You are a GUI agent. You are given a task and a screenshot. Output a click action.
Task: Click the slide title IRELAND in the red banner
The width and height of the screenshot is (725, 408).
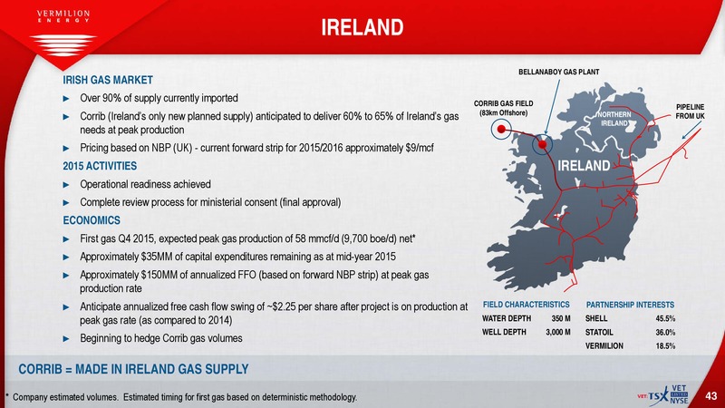click(362, 27)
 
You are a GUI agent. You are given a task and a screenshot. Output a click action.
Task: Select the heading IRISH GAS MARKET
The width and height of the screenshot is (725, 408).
click(108, 80)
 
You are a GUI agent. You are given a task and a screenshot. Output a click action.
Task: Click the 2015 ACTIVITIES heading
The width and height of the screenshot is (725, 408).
click(100, 166)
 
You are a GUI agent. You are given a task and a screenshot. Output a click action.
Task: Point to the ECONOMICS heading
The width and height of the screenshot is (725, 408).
click(92, 220)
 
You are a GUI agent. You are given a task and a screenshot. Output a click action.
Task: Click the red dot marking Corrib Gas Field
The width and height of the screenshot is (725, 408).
click(501, 129)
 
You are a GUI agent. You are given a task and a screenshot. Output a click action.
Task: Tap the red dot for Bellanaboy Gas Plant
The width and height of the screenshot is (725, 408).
click(542, 144)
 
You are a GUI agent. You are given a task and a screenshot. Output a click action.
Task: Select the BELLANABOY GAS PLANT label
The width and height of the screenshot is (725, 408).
click(558, 73)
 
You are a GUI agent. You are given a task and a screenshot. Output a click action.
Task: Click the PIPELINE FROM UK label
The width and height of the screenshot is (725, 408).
click(690, 112)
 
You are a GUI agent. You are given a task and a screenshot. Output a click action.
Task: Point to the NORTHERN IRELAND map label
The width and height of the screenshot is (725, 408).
click(614, 119)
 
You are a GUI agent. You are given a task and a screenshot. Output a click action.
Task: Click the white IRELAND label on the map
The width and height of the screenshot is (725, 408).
click(584, 166)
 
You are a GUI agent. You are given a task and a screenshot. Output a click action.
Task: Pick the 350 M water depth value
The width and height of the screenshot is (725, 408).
click(561, 319)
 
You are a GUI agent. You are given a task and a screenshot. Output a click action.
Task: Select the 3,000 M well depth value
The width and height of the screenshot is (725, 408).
click(558, 332)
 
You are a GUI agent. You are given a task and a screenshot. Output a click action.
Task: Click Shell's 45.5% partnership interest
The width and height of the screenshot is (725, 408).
click(665, 319)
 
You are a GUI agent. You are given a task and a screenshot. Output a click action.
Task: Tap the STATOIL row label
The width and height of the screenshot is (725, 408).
click(599, 332)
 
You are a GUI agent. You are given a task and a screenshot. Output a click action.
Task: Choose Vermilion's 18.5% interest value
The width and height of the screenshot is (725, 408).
click(665, 346)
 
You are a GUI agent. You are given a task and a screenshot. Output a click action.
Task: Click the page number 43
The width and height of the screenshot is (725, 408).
click(711, 396)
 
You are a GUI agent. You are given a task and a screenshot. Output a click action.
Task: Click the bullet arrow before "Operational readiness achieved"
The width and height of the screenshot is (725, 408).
click(66, 185)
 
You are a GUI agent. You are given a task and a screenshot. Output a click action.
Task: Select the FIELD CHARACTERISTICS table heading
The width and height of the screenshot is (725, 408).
click(527, 305)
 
